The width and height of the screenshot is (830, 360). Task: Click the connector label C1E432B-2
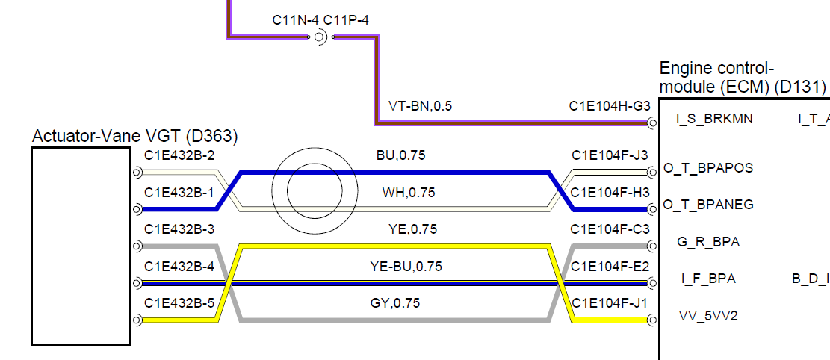179,156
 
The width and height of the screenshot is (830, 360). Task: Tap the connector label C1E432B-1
179,193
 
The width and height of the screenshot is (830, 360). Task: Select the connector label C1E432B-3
179,229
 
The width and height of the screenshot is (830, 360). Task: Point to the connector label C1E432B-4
179,266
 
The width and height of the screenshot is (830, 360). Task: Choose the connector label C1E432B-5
179,302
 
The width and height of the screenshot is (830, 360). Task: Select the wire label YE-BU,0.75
406,266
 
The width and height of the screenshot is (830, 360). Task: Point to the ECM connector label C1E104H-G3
610,106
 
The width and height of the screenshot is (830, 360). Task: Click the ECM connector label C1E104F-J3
610,156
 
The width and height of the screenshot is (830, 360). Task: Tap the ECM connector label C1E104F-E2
610,266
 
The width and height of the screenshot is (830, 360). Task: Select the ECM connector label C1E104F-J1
610,302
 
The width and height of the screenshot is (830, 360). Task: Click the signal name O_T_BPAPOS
708,168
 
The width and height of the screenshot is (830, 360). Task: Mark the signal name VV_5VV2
708,316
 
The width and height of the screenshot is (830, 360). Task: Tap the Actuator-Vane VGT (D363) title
135,137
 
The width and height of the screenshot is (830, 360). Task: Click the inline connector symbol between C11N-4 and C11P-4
321,36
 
